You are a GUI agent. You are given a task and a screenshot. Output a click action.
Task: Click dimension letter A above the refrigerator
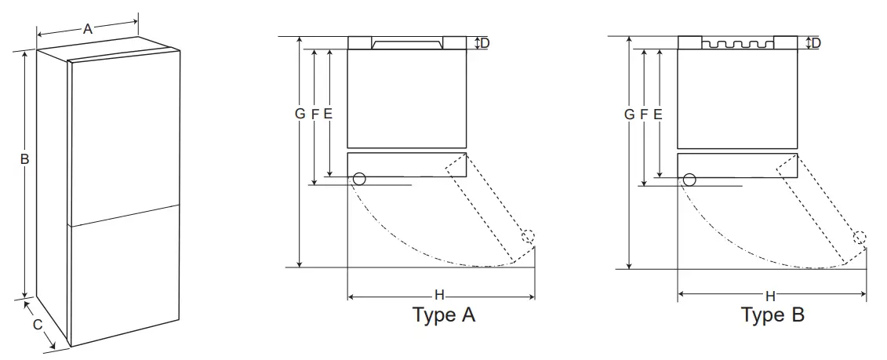[88, 29]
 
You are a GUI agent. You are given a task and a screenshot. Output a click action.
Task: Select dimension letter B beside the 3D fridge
[25, 159]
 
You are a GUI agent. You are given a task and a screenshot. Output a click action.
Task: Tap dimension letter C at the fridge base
[37, 325]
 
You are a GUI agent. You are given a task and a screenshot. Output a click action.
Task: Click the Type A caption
[444, 315]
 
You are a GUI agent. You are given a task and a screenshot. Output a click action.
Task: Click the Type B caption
[772, 315]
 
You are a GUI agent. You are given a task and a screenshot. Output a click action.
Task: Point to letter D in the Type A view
[485, 43]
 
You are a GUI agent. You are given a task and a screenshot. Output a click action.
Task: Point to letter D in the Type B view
[816, 43]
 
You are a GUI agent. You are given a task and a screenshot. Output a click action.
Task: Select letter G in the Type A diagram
[300, 114]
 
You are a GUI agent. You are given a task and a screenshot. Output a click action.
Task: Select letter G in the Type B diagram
[629, 114]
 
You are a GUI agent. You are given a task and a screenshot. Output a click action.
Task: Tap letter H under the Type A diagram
[439, 296]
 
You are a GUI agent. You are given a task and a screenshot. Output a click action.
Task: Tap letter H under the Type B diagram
[770, 296]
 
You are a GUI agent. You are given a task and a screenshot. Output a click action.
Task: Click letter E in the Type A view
[328, 114]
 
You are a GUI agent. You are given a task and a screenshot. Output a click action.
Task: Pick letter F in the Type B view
[644, 114]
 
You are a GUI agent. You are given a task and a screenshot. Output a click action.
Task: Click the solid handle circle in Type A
[359, 179]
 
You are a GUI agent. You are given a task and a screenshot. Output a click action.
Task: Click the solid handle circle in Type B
[689, 179]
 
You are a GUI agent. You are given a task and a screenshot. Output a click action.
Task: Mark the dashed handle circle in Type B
[860, 237]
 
